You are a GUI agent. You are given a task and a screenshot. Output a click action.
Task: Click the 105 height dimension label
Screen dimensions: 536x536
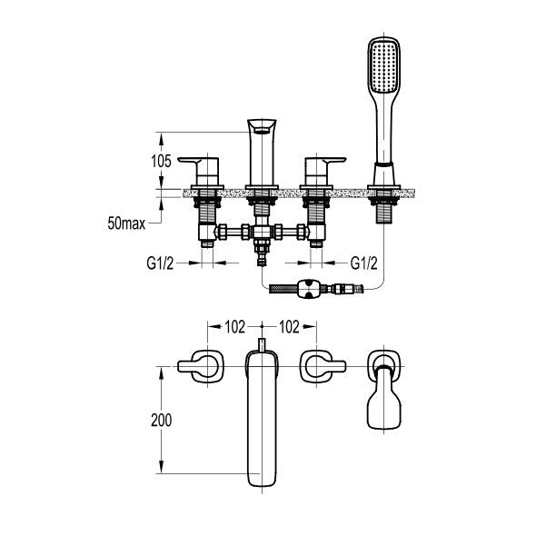tap(161, 162)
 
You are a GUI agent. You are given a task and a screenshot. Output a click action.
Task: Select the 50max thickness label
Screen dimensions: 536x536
tap(126, 223)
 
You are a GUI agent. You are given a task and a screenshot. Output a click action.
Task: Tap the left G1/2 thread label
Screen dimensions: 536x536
tap(160, 263)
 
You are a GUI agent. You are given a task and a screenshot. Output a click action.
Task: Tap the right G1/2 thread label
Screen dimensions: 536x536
tap(364, 263)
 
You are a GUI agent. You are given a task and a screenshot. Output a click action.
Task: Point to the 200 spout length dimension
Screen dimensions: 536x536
tap(162, 420)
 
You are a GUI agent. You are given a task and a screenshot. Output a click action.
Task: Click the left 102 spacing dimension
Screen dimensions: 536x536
tap(235, 327)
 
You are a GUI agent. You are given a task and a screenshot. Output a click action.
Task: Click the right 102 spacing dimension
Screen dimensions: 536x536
tap(289, 327)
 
